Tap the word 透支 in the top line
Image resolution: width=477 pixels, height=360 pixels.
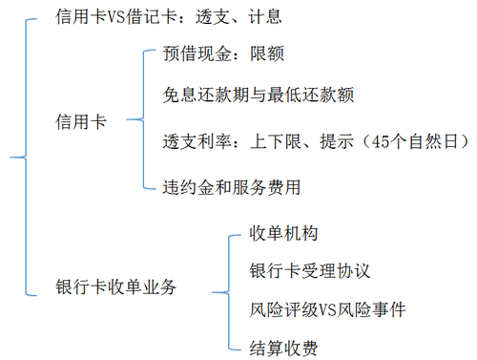pos(221,18)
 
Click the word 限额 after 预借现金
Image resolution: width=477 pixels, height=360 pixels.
pos(267,53)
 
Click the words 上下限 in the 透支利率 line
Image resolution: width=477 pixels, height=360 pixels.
pos(276,142)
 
